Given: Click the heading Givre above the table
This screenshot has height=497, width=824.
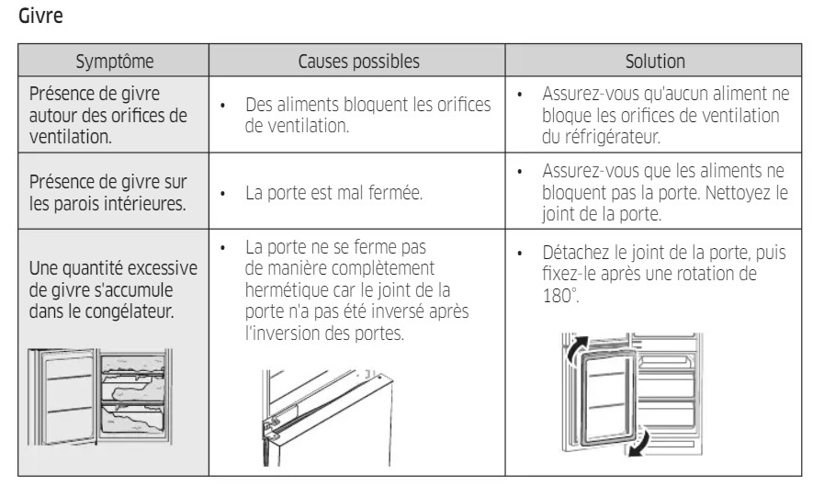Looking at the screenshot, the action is [x=40, y=16].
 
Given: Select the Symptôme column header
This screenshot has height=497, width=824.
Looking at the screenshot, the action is [x=115, y=61].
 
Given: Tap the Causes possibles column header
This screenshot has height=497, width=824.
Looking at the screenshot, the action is [x=358, y=61].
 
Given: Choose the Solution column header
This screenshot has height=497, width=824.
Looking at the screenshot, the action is [x=655, y=61].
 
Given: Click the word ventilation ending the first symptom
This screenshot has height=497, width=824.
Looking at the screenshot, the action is [x=71, y=137].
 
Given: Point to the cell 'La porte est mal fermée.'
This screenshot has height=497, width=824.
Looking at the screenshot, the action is [x=333, y=192].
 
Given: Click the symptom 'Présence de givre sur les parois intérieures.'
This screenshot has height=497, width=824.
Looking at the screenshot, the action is [x=107, y=192].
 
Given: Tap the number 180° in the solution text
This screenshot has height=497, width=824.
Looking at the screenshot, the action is [x=560, y=295].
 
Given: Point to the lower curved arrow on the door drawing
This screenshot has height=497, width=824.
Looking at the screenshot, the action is [x=639, y=443].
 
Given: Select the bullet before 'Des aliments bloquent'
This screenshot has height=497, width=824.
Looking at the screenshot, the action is [x=223, y=106].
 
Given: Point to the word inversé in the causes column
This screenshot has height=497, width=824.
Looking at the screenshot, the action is [x=394, y=311].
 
